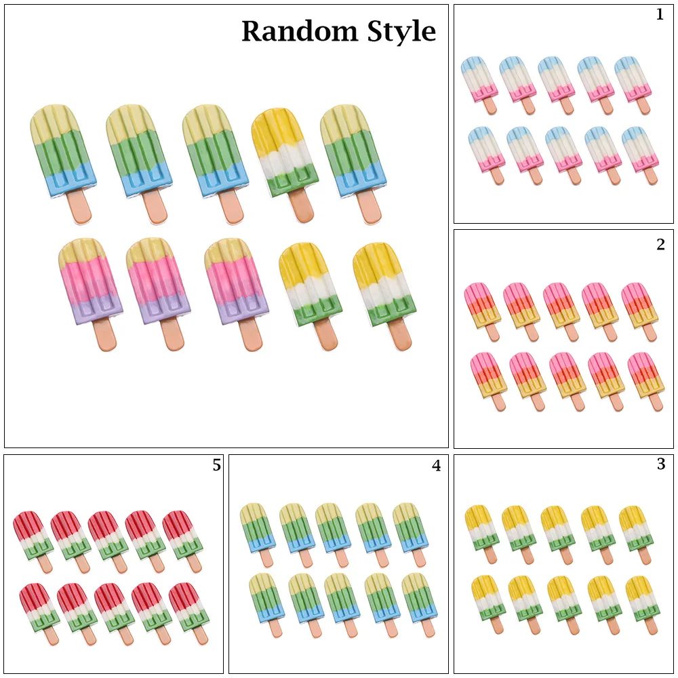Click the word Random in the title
pyautogui.click(x=299, y=32)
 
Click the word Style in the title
pyautogui.click(x=401, y=33)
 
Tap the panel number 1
pyautogui.click(x=660, y=15)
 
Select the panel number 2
pyautogui.click(x=660, y=245)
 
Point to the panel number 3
pyautogui.click(x=660, y=464)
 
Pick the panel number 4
pyautogui.click(x=436, y=466)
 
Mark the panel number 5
pyautogui.click(x=217, y=465)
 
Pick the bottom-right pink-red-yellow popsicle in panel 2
pyautogui.click(x=645, y=381)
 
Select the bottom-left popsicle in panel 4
pyautogui.click(x=267, y=605)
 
